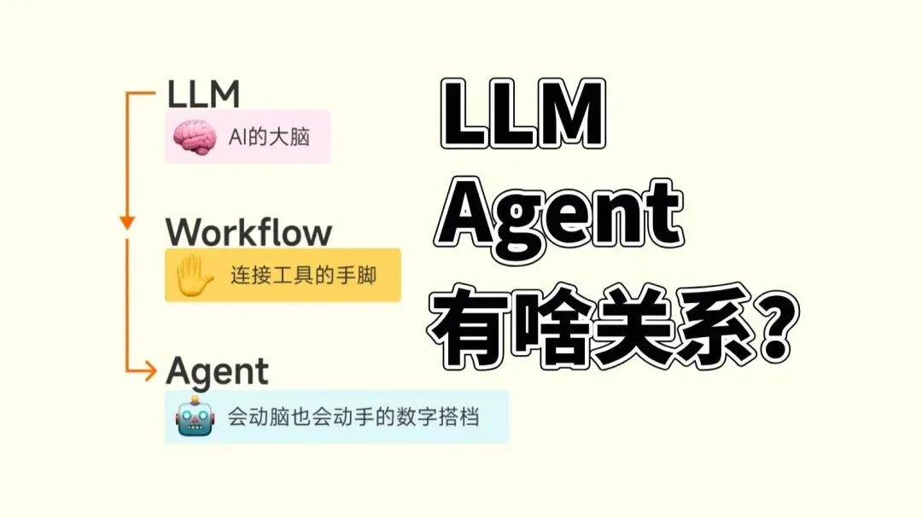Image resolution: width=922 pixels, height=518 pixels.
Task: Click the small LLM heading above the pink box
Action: tap(204, 94)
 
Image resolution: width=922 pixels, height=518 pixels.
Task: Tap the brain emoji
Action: tap(193, 137)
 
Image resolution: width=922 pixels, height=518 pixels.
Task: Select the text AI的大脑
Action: tap(270, 137)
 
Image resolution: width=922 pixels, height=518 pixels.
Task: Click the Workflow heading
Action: tap(248, 232)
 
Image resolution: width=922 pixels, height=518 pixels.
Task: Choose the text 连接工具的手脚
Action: tap(303, 276)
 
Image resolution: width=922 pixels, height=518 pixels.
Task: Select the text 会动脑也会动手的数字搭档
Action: tap(353, 417)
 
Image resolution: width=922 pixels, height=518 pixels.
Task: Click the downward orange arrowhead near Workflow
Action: tap(127, 223)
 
